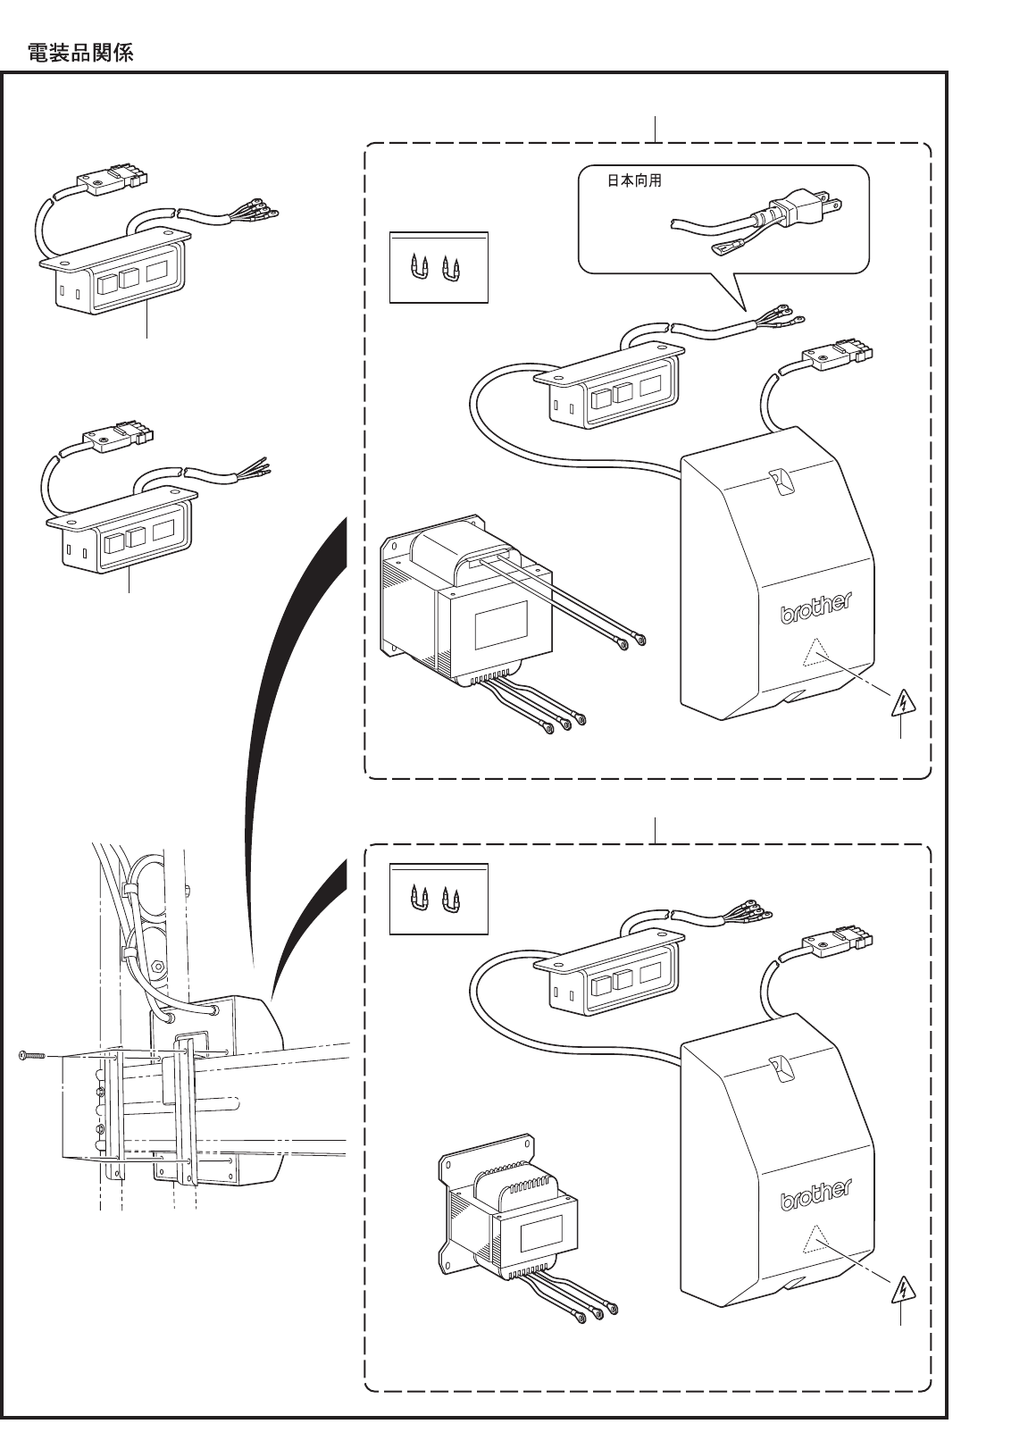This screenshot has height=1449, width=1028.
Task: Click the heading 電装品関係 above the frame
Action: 80,54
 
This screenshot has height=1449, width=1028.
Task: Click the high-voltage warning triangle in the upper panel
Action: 905,706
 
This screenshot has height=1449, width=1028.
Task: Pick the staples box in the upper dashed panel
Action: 439,268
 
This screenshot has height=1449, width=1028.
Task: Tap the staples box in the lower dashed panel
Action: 439,899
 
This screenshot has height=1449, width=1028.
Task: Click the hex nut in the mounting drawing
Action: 158,966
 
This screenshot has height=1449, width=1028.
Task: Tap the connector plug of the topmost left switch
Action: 111,182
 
